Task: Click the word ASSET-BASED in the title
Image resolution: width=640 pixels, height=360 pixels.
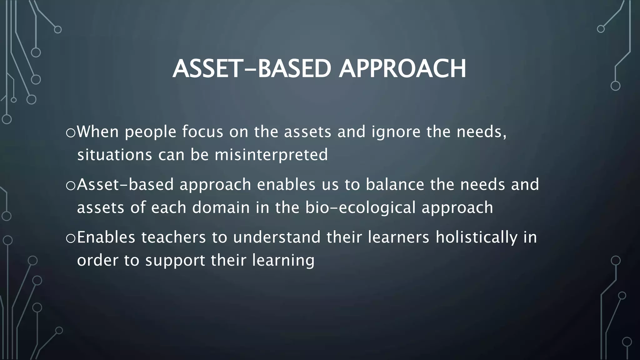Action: coord(252,69)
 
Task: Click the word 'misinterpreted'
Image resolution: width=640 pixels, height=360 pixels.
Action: coord(271,155)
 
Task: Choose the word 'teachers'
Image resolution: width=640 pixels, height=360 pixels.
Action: coord(173,237)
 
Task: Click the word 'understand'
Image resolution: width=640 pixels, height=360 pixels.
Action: coord(277,237)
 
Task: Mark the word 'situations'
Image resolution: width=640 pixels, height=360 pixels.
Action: coord(114,155)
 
